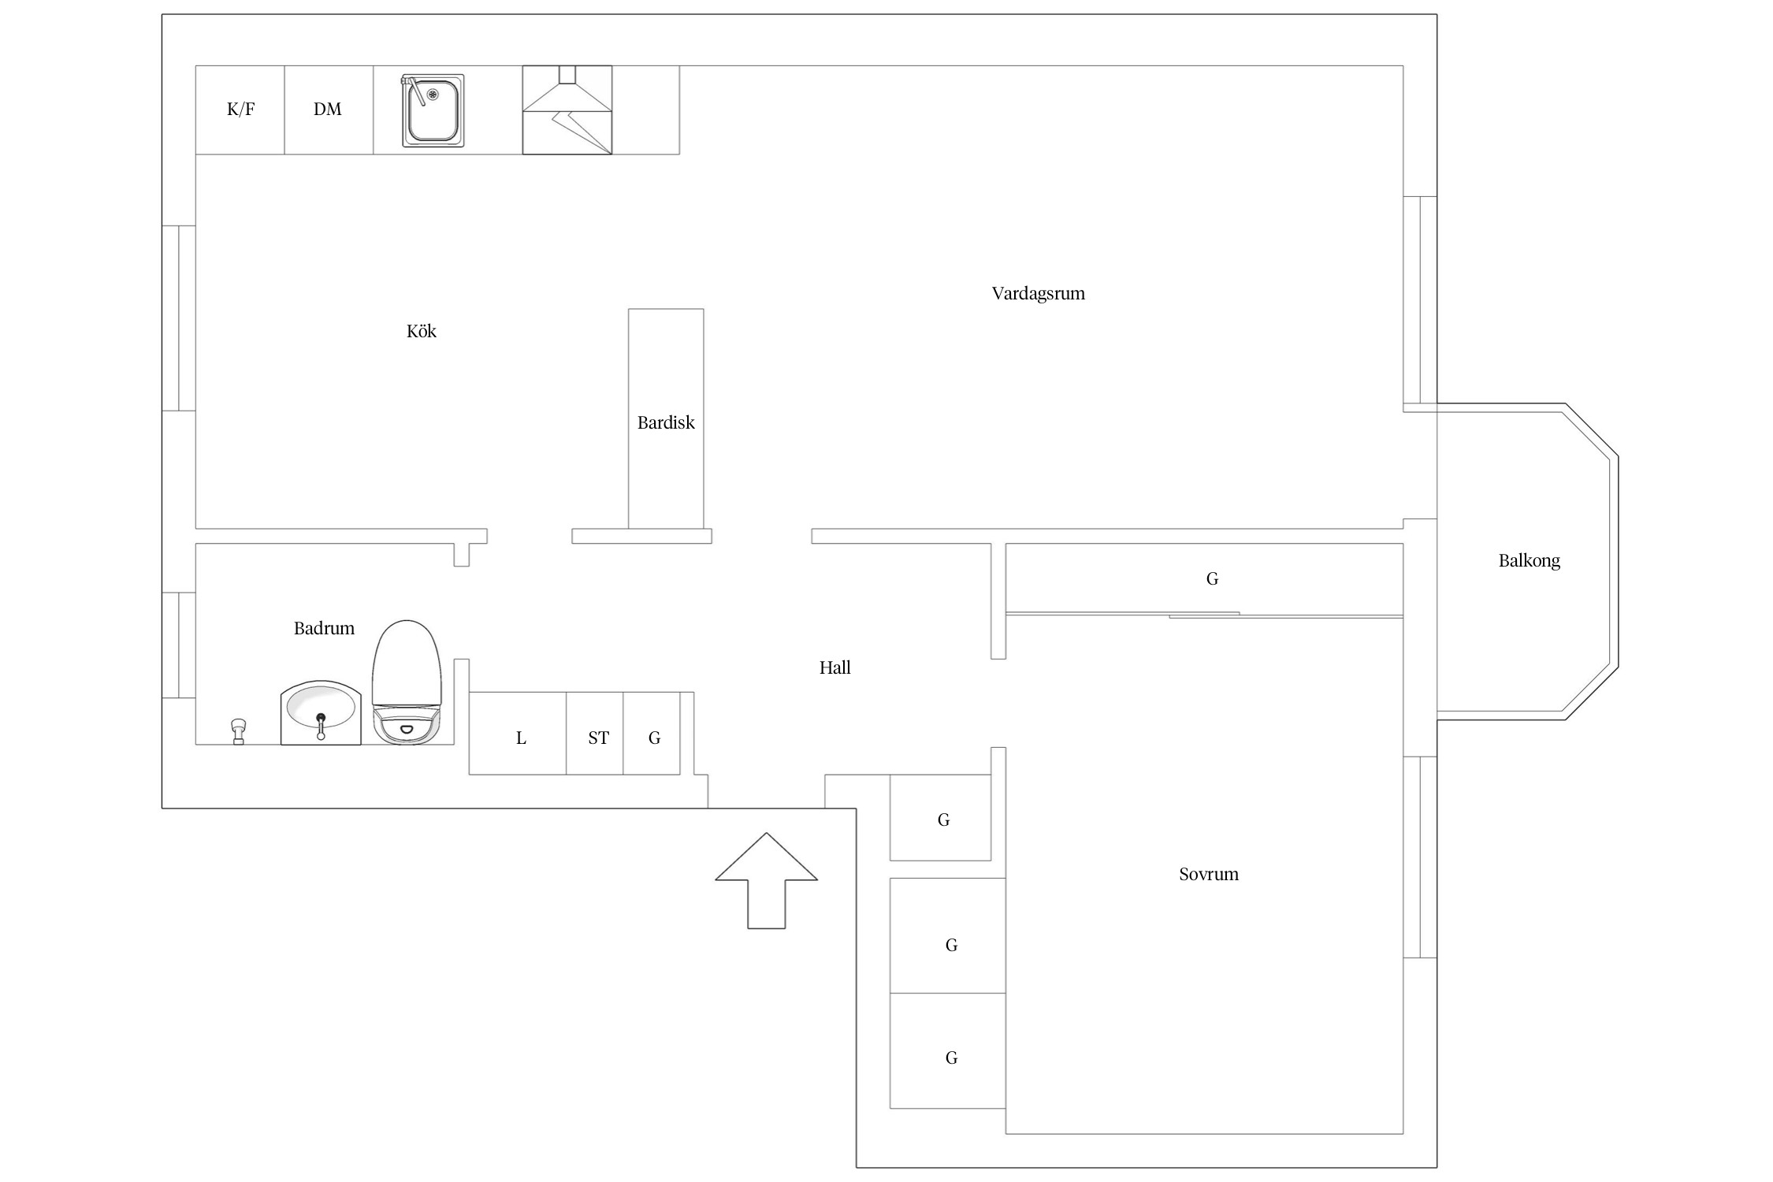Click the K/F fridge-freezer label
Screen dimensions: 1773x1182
[x=240, y=110]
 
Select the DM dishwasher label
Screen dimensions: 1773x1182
[x=328, y=110]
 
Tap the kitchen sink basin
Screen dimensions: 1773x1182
[x=433, y=110]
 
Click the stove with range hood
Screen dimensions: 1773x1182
[x=567, y=110]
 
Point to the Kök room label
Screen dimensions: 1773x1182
[x=422, y=331]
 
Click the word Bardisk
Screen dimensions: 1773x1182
[x=666, y=422]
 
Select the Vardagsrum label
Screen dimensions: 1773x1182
[x=1039, y=294]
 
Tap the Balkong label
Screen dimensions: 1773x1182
[x=1530, y=561]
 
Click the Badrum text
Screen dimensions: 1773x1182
[x=324, y=628]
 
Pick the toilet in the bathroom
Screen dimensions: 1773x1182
[x=407, y=682]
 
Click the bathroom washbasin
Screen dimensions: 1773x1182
[x=321, y=712]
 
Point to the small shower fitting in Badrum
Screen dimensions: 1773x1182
[x=238, y=731]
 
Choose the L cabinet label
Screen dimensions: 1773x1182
[x=521, y=738]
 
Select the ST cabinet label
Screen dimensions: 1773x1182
[x=599, y=738]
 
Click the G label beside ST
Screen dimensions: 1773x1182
[x=654, y=738]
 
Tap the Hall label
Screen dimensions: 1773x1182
[x=835, y=668]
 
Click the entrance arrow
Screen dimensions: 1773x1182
[x=766, y=880]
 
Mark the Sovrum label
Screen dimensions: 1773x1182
[x=1209, y=874]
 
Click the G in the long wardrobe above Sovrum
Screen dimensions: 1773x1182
[x=1213, y=579]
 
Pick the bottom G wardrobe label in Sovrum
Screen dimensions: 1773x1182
[x=952, y=1058]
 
